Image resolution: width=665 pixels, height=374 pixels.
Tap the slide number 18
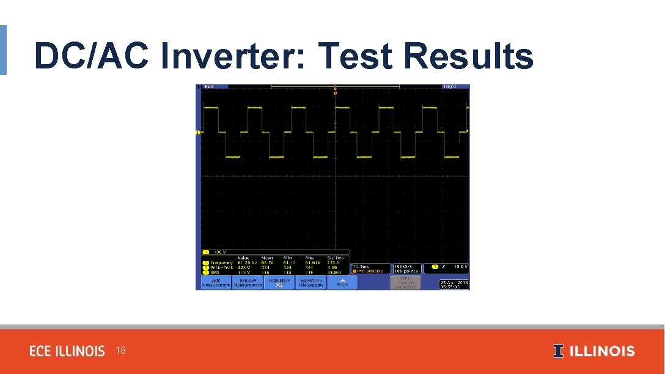pos(120,351)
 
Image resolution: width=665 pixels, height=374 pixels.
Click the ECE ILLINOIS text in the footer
pos(67,351)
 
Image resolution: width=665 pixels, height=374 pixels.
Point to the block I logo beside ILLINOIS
pos(558,351)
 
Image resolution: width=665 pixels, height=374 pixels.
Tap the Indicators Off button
pos(279,282)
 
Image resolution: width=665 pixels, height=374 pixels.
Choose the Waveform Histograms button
pos(311,282)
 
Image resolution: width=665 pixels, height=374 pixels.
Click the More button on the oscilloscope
pos(342,283)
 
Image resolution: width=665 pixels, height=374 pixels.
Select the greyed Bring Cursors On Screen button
pos(406,282)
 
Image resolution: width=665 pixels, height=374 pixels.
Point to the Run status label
pos(210,87)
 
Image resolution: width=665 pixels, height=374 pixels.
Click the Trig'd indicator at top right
pos(450,87)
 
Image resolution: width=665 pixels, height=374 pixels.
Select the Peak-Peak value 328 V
pos(244,266)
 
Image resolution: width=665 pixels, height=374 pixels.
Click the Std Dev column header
pos(336,258)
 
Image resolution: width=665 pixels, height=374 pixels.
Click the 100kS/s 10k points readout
pos(406,268)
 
